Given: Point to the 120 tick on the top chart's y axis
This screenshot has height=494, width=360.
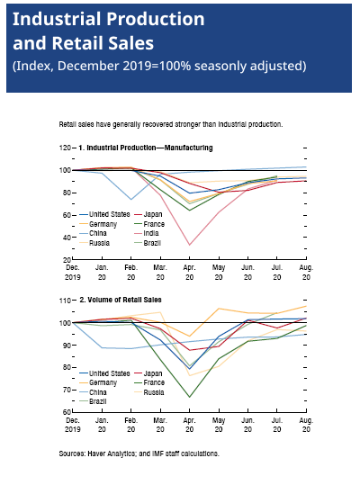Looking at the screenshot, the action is pyautogui.click(x=65, y=148).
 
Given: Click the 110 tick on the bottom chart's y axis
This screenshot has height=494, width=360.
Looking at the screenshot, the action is pyautogui.click(x=65, y=301).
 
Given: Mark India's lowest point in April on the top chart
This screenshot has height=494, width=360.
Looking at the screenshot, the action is pyautogui.click(x=190, y=245).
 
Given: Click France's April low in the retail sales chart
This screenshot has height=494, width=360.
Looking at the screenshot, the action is pyautogui.click(x=190, y=397).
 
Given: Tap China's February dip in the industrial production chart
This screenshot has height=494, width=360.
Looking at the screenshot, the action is pyautogui.click(x=131, y=200).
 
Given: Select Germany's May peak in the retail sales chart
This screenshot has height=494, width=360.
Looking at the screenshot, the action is pyautogui.click(x=219, y=309).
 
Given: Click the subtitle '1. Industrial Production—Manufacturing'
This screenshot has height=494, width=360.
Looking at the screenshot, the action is pyautogui.click(x=145, y=148).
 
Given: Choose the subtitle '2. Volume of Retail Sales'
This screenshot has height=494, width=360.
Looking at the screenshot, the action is pyautogui.click(x=121, y=300).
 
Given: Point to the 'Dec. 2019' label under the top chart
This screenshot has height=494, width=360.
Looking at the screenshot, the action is pyautogui.click(x=73, y=273).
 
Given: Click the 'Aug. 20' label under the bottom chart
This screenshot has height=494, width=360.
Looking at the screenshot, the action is pyautogui.click(x=306, y=425).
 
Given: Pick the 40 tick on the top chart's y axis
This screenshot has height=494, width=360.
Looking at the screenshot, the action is pyautogui.click(x=67, y=238).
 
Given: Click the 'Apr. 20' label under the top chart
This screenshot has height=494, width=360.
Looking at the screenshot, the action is pyautogui.click(x=190, y=273).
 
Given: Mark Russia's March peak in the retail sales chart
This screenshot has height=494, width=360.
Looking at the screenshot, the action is pyautogui.click(x=160, y=312).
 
